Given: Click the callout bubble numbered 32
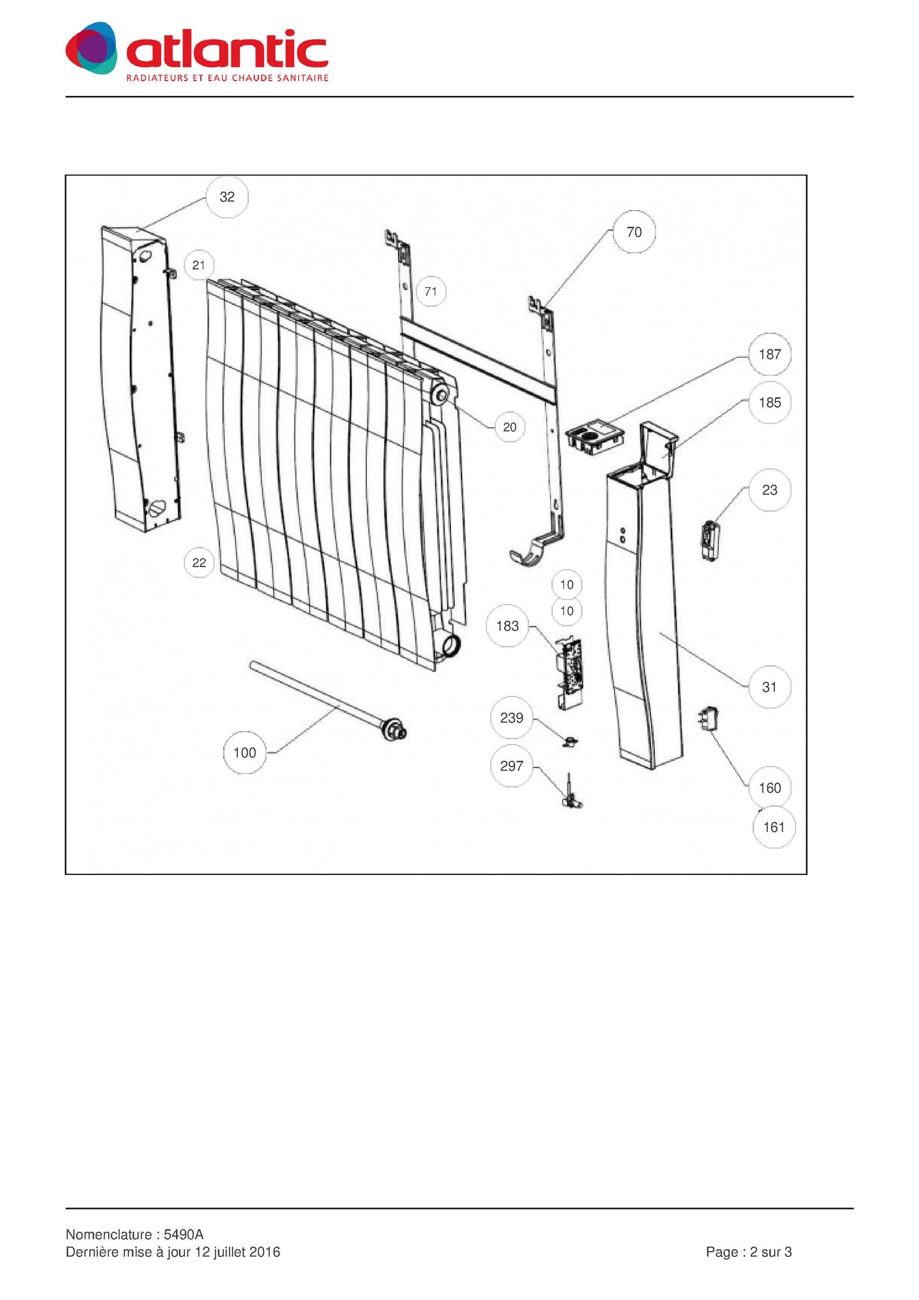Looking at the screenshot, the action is click(227, 197).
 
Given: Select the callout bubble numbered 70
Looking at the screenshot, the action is click(634, 232).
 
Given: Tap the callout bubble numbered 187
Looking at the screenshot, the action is click(770, 354).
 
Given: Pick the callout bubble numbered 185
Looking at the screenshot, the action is click(770, 402).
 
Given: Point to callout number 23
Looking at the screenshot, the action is click(770, 490).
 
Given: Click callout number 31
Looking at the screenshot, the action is click(770, 687).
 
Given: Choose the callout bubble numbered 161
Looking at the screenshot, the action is click(774, 827).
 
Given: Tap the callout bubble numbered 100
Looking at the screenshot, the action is click(244, 753).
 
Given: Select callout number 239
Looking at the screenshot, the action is click(512, 718).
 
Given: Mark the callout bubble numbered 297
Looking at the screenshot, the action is click(512, 765).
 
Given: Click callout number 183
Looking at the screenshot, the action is click(508, 626).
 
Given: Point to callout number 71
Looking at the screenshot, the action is click(431, 291).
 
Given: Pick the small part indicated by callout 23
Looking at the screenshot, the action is click(710, 540).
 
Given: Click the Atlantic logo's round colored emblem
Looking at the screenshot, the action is click(92, 48).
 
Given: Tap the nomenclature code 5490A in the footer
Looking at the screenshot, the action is click(184, 1235).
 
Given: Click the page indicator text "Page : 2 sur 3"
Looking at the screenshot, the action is click(749, 1252).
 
